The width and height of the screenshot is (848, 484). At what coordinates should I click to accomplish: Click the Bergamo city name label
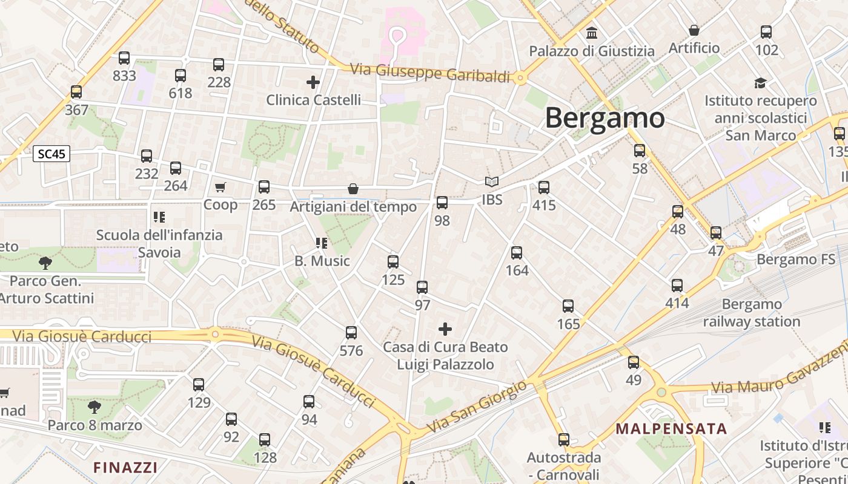[605, 118]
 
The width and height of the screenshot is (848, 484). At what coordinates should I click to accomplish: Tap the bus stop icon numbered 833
[124, 58]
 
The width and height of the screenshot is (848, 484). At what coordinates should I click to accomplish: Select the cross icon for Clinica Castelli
[313, 82]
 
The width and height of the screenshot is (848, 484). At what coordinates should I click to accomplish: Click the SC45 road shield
[51, 154]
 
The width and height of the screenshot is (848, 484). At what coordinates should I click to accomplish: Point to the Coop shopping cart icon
[220, 188]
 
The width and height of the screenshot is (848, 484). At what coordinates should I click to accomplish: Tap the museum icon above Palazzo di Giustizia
[592, 33]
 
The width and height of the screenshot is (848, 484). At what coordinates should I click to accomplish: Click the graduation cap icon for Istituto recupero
[760, 83]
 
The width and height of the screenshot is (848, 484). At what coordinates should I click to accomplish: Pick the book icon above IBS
[492, 181]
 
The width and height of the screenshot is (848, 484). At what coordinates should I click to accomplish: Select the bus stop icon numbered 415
[544, 188]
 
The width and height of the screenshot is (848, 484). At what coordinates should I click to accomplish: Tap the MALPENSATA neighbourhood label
[671, 429]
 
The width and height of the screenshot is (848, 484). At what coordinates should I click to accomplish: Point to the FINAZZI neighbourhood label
[125, 467]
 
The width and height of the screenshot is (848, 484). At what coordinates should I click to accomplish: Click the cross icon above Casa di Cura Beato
[445, 329]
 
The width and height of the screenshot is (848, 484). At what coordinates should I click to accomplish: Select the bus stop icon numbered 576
[351, 333]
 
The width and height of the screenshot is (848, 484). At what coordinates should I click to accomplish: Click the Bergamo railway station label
[752, 313]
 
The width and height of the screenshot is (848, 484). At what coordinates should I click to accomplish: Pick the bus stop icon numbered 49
[634, 362]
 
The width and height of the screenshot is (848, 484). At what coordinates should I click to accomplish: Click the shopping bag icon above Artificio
[694, 30]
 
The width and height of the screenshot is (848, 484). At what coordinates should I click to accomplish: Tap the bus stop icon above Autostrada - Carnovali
[564, 440]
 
